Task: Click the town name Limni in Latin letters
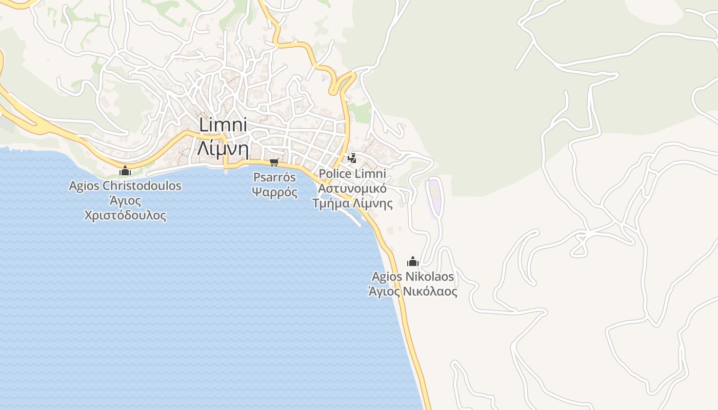point(223,125)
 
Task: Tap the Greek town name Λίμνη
point(223,149)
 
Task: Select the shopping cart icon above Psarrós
point(274,162)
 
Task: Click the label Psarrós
point(275,177)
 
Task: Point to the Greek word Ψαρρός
point(275,193)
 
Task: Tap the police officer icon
point(352,158)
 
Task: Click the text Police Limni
point(352,173)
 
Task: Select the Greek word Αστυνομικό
point(352,188)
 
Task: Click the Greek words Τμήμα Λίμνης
point(352,203)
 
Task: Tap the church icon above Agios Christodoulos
point(125,171)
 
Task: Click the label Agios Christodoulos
point(125,186)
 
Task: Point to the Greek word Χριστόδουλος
point(125,215)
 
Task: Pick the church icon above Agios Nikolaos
point(413,261)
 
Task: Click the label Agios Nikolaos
point(413,277)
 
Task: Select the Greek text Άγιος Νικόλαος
point(413,292)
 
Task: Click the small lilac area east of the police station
point(435,197)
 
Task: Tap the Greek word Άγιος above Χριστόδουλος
point(125,200)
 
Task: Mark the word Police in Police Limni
point(334,173)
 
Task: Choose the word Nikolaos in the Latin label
point(430,277)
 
